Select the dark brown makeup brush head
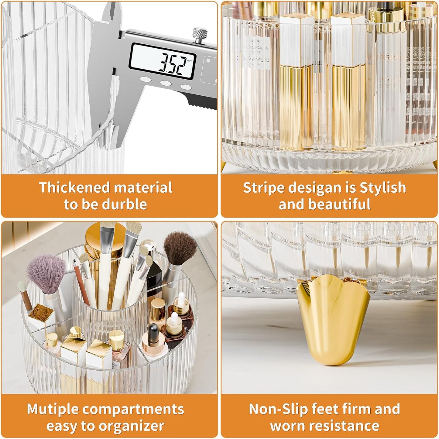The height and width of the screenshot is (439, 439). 180,248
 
